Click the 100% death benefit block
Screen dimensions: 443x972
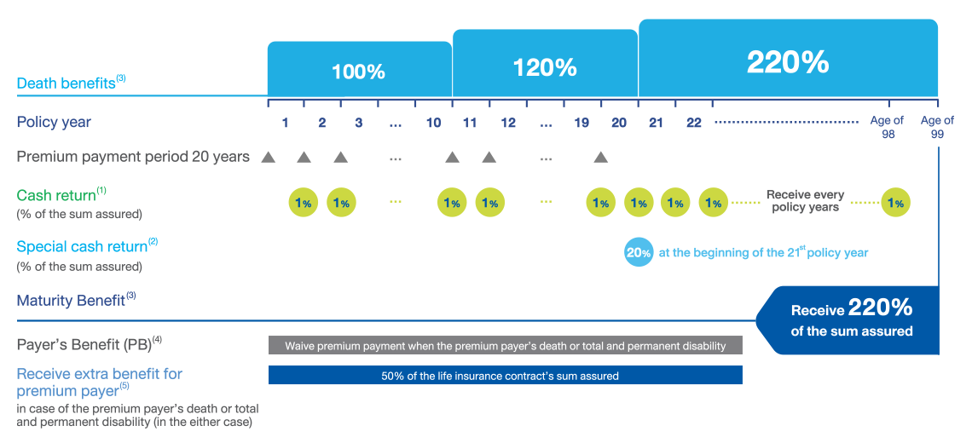click(359, 72)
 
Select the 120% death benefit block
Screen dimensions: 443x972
click(545, 67)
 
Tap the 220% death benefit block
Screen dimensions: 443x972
click(788, 62)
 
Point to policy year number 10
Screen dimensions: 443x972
click(433, 124)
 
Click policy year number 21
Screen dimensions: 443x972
click(656, 124)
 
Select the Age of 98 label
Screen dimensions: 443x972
click(887, 127)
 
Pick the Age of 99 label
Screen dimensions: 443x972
click(937, 127)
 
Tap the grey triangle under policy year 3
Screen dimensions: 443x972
click(340, 158)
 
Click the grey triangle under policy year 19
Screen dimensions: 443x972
click(601, 158)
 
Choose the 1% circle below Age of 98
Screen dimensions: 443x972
click(894, 203)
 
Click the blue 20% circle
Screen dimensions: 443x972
click(639, 253)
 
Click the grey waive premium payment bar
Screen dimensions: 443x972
click(505, 346)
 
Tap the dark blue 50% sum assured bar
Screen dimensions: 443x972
click(505, 376)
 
